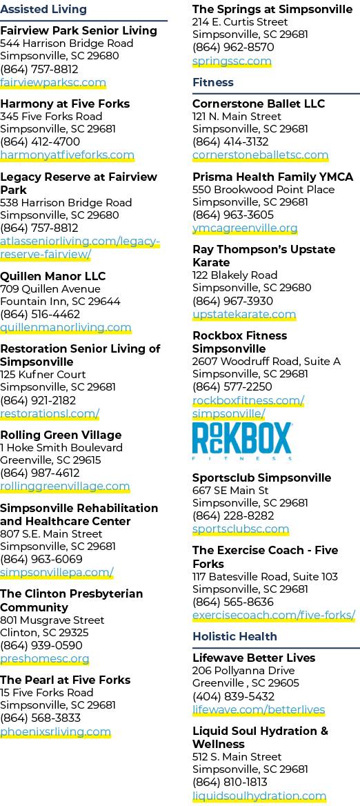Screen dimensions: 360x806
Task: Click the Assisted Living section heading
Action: coord(43,9)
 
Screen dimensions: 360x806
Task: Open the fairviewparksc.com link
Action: coord(53,82)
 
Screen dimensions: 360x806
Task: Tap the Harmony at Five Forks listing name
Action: coord(65,104)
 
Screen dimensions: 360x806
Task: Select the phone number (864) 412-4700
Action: coord(40,142)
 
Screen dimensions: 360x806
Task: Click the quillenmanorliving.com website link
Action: coord(66,327)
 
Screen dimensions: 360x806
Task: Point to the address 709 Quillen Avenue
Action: coord(50,289)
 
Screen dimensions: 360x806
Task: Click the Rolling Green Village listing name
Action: coord(61,435)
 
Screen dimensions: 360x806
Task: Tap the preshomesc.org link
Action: coord(45,658)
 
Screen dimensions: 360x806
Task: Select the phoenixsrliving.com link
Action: coord(55,731)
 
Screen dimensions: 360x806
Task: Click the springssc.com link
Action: coord(232,61)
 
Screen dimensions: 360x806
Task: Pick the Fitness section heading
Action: coord(213,82)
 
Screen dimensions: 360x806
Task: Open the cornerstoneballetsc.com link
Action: coord(261,155)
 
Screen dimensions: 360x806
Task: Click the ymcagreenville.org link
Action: coord(245,228)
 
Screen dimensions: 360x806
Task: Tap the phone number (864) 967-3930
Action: coord(232,302)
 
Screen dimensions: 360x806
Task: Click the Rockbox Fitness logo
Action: coord(242,441)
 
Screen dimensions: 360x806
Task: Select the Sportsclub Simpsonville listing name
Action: coord(262,478)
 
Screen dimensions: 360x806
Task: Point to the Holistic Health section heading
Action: coord(234,636)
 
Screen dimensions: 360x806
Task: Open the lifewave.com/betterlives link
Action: coord(259,710)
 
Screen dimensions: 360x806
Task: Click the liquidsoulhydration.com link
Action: coord(259,796)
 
